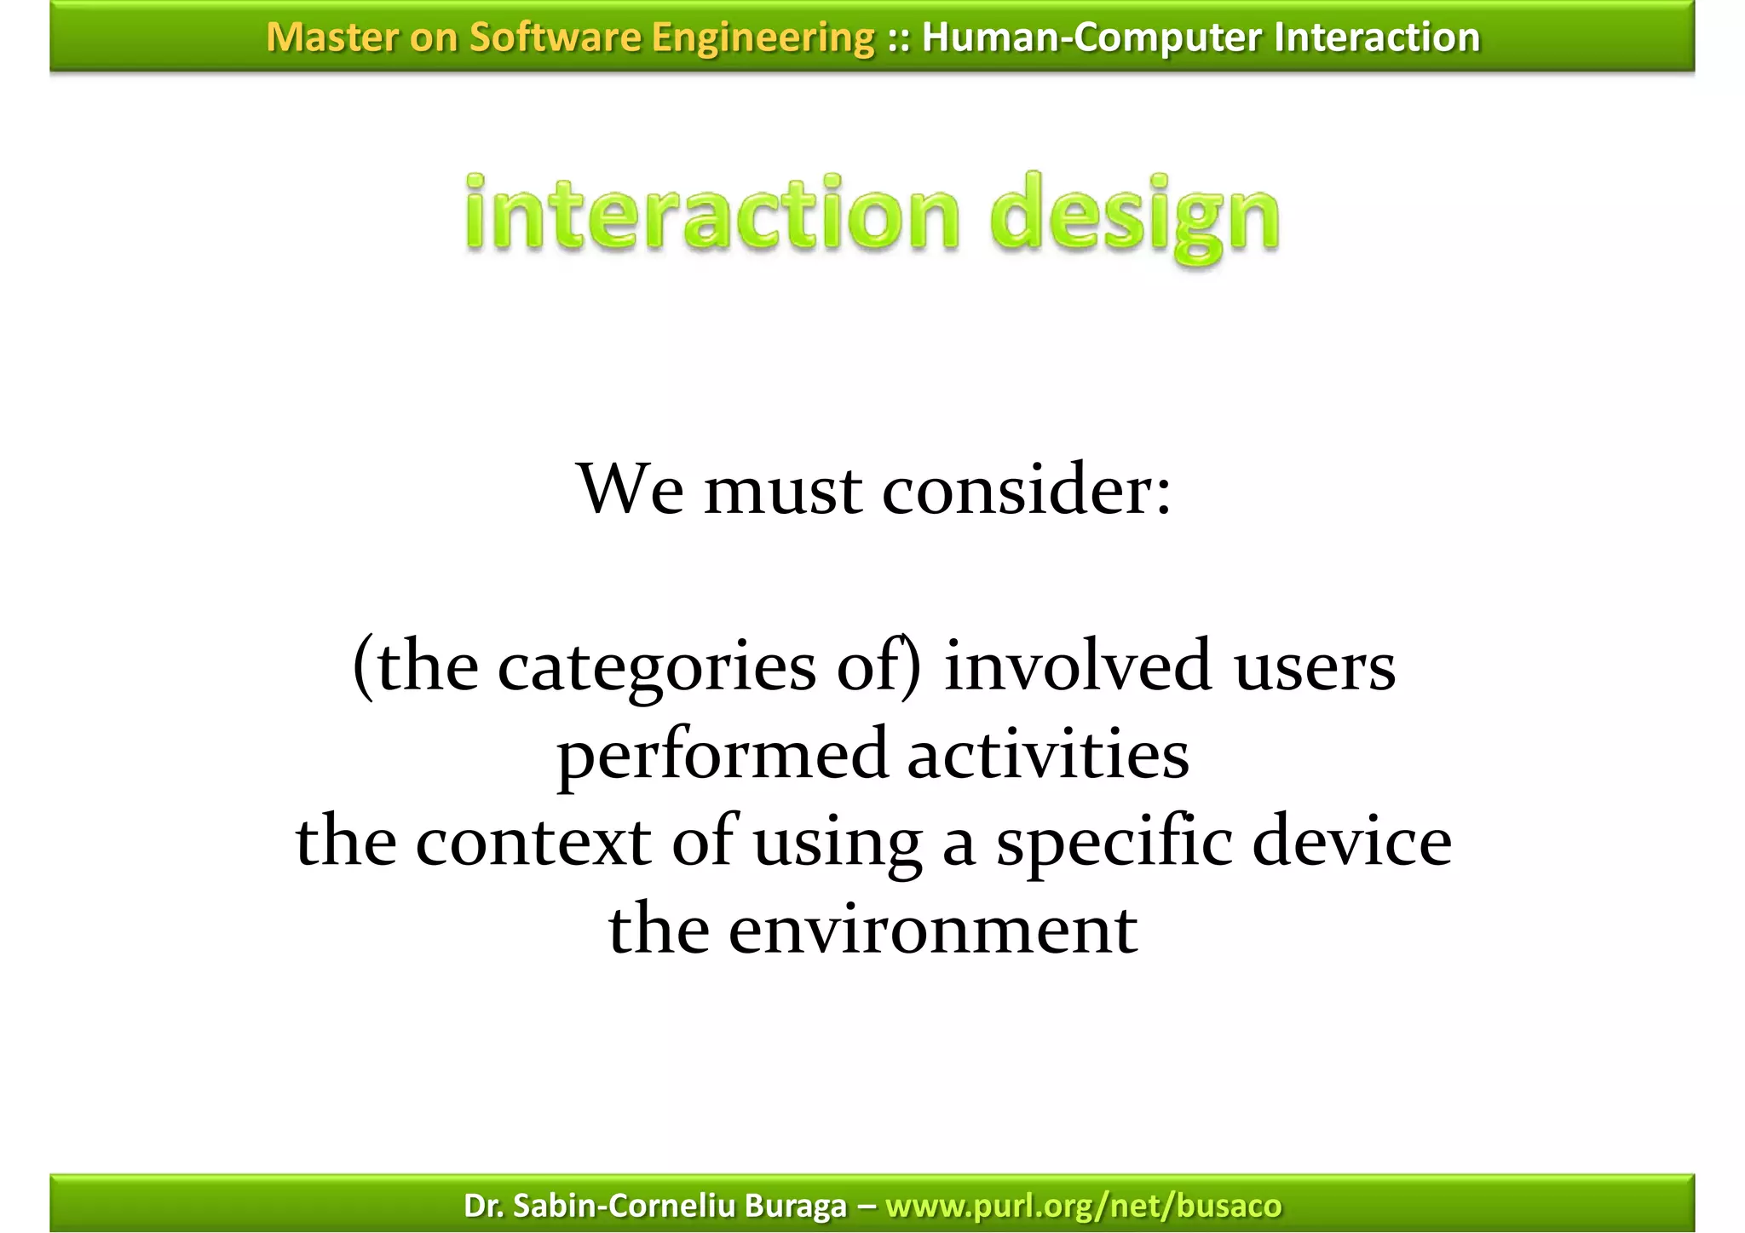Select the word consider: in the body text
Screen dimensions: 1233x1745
tap(1027, 490)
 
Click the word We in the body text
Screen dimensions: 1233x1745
tap(630, 489)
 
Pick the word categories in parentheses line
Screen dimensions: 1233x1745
tap(656, 667)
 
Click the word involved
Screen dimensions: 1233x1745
tap(1077, 665)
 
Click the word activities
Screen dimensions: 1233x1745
tap(1047, 753)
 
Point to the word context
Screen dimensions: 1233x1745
tap(533, 841)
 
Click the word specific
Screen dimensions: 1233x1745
tap(1114, 843)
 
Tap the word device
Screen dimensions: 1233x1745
tap(1351, 841)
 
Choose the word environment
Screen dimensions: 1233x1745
tap(932, 929)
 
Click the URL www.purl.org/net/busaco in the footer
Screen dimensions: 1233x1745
tap(1083, 1205)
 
